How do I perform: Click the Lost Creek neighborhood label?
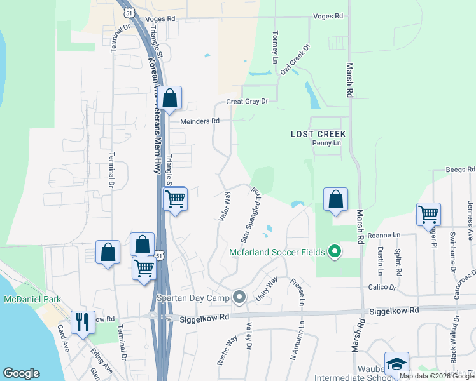click(318, 134)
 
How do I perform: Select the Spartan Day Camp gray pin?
click(239, 297)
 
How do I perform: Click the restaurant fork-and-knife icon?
click(83, 322)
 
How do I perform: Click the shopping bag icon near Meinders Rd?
click(170, 98)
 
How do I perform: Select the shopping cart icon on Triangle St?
click(174, 199)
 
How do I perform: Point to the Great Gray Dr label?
click(248, 101)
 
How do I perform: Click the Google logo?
click(21, 373)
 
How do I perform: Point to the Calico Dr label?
click(382, 288)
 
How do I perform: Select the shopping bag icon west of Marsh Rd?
click(335, 199)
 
